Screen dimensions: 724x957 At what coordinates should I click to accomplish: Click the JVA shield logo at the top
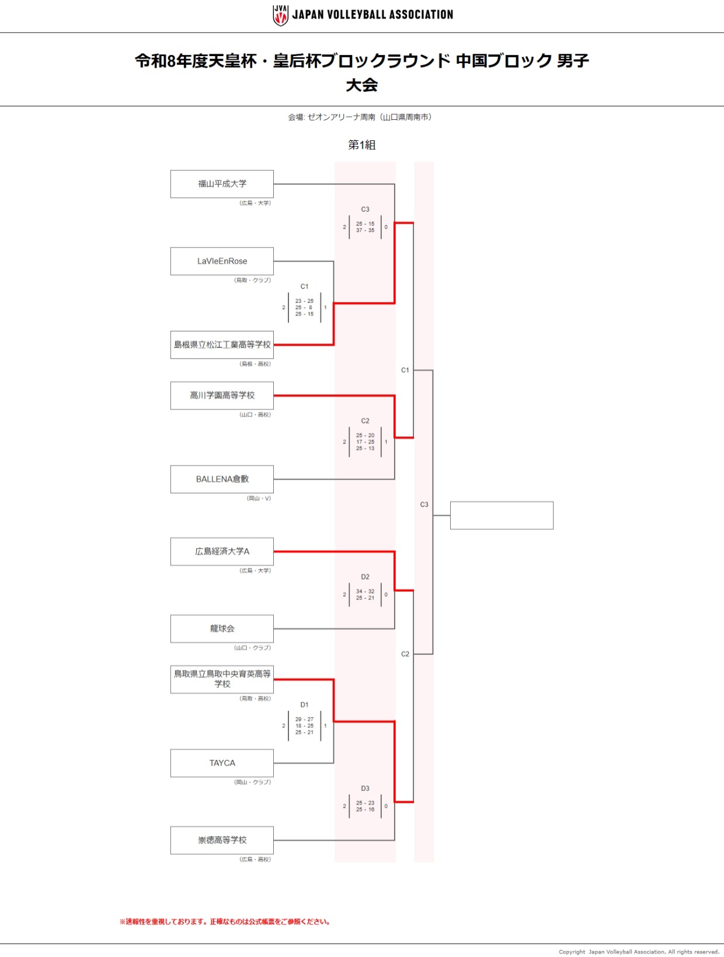(x=280, y=15)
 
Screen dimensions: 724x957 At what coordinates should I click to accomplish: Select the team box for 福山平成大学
(x=222, y=184)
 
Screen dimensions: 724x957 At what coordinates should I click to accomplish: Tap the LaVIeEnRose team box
(x=222, y=261)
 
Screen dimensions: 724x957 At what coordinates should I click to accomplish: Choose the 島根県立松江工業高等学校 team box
(x=222, y=345)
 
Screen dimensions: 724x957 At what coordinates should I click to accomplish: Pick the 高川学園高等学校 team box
(x=222, y=396)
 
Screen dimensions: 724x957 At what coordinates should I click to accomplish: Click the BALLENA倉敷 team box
(x=222, y=479)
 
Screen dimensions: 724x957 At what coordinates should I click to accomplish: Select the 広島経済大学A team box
(x=222, y=552)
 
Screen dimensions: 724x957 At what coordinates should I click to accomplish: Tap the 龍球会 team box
(x=222, y=629)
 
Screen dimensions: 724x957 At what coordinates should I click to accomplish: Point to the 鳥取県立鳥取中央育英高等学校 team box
(x=222, y=679)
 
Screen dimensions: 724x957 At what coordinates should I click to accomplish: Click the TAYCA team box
(x=222, y=763)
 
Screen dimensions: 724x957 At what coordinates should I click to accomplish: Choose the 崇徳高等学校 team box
(x=222, y=840)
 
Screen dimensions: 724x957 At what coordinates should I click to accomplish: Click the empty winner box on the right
(x=502, y=515)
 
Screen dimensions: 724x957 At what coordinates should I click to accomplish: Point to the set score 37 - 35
(x=365, y=230)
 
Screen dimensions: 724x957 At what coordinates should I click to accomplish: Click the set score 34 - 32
(x=365, y=591)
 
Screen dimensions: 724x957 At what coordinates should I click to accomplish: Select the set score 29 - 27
(x=305, y=719)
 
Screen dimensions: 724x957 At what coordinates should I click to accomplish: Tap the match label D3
(x=365, y=788)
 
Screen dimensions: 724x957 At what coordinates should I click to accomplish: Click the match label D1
(x=305, y=705)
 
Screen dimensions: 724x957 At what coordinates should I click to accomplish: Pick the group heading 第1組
(x=362, y=145)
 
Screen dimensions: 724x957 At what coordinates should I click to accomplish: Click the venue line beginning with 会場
(x=360, y=117)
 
